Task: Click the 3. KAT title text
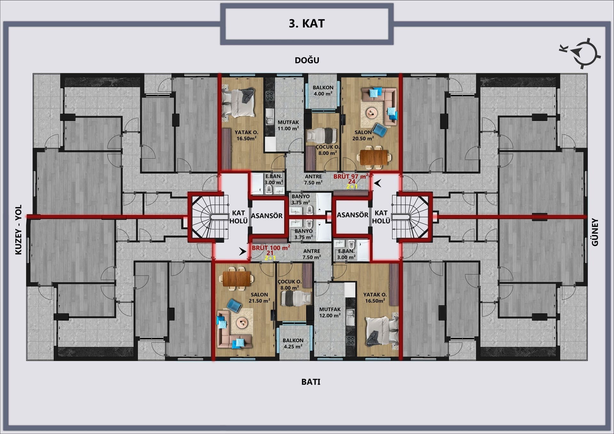click(x=307, y=24)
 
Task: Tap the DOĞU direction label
click(x=307, y=60)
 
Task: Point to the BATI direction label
click(x=311, y=382)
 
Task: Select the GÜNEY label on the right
click(x=595, y=232)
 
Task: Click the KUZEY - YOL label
click(x=19, y=229)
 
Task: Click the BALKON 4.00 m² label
click(x=323, y=90)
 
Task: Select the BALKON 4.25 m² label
click(x=293, y=344)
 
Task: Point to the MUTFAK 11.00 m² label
click(x=288, y=125)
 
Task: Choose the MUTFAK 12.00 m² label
click(x=330, y=313)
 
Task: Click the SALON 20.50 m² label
click(x=363, y=135)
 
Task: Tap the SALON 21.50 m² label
click(x=259, y=298)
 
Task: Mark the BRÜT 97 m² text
click(x=351, y=176)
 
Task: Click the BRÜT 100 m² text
click(x=271, y=248)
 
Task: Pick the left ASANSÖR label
click(x=267, y=216)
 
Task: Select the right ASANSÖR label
click(x=352, y=215)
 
